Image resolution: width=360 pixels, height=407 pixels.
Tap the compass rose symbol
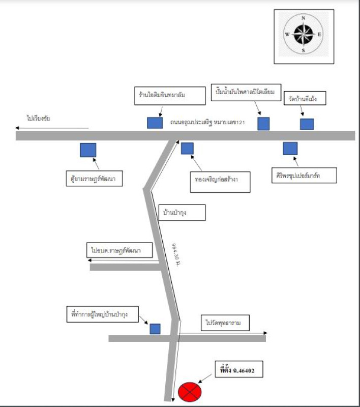304,34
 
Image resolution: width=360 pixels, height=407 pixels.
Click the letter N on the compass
304,18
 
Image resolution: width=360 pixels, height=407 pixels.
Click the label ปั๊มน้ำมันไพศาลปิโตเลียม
244,93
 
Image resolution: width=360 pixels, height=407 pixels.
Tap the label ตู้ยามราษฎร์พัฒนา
95,179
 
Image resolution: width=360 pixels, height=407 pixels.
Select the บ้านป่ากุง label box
182,212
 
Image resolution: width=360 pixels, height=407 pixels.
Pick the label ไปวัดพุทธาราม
224,323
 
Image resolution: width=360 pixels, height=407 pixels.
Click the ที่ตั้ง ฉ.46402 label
237,372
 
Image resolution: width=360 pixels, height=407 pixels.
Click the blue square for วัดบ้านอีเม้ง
307,124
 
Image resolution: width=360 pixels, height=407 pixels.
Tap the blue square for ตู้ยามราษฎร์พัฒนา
88,150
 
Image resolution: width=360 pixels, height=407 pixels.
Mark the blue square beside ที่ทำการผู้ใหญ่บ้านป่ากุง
155,329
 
